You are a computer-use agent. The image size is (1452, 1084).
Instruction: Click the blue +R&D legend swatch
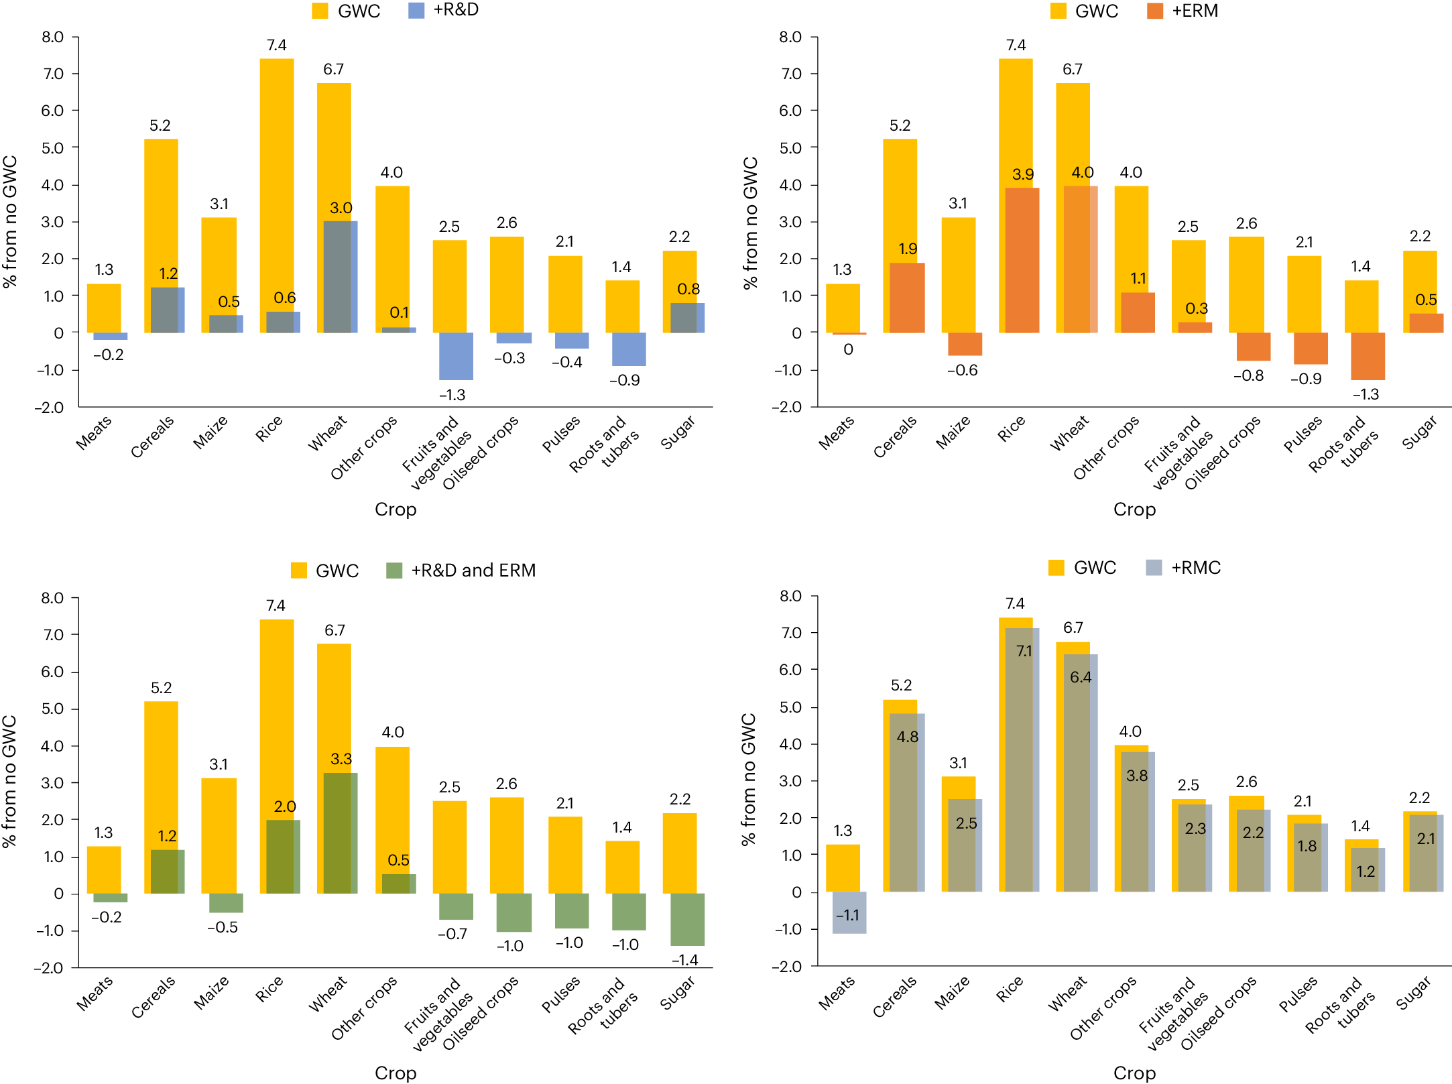(416, 11)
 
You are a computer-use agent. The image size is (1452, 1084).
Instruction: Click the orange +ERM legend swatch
(1155, 11)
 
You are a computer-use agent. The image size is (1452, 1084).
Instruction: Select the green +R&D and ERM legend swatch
(394, 570)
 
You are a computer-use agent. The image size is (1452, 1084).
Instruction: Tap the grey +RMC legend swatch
(1154, 568)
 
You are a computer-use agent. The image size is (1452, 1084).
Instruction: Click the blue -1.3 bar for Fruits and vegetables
(456, 356)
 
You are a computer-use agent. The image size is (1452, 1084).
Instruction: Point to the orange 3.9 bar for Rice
(1022, 261)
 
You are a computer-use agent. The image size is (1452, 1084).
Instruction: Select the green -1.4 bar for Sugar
(687, 919)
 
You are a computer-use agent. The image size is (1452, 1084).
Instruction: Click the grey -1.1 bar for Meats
(849, 912)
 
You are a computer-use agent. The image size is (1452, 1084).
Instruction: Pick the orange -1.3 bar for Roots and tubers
(1368, 356)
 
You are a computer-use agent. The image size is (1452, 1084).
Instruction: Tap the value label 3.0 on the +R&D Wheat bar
(341, 208)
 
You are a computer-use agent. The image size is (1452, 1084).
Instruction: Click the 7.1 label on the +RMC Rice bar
(1024, 651)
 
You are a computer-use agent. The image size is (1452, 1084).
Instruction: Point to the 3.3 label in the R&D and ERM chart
(341, 759)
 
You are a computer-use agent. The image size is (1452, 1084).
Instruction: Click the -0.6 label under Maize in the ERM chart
(962, 370)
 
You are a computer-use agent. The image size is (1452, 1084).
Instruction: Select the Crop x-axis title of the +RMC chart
(1134, 1073)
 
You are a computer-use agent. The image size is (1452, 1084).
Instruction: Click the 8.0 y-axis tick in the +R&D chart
(52, 37)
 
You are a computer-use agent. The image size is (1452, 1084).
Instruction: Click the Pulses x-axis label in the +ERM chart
(1303, 434)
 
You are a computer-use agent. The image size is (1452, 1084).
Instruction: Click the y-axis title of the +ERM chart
(750, 223)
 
